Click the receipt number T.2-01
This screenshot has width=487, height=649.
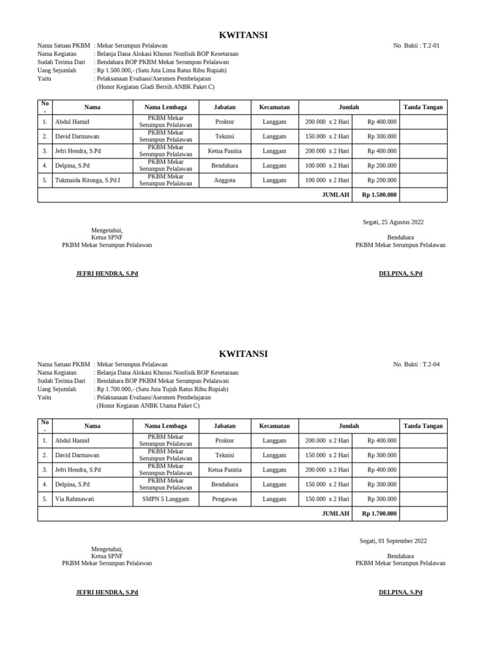click(x=416, y=46)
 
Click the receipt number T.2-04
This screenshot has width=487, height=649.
click(x=416, y=364)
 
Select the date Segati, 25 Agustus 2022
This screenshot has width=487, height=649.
click(x=393, y=222)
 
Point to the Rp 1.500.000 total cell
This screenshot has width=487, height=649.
click(x=379, y=195)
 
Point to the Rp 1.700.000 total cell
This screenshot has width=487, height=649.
click(x=379, y=514)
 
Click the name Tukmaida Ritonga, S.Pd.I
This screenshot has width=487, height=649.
click(x=88, y=181)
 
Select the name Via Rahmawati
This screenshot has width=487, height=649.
click(x=74, y=499)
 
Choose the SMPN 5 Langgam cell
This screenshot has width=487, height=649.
click(x=166, y=499)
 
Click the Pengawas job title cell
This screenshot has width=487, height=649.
click(x=224, y=499)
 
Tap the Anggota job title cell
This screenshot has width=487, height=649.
click(x=224, y=181)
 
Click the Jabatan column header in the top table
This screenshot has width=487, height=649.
click(x=224, y=107)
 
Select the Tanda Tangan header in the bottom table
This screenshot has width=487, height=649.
click(x=423, y=426)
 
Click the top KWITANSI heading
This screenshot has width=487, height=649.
click(x=243, y=35)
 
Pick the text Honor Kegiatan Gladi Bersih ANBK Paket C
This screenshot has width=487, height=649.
click(x=155, y=87)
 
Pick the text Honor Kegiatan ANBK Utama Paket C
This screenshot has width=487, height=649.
click(x=148, y=406)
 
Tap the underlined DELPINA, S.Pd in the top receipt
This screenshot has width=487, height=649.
click(x=400, y=274)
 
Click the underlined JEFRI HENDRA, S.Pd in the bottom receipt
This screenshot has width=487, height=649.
click(x=107, y=593)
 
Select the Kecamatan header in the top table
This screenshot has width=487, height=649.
click(x=275, y=107)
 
